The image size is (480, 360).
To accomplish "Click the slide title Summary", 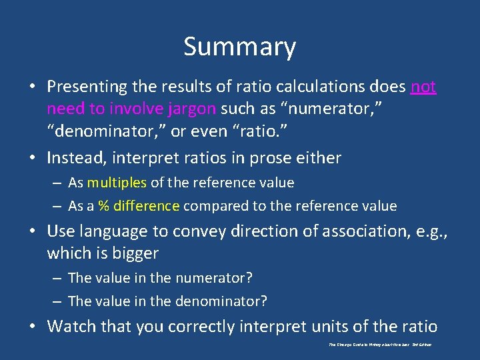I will pos(239,47).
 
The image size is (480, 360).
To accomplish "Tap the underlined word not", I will pos(423,87).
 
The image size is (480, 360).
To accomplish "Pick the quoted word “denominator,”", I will pos(107,131).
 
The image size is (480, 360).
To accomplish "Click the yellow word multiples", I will pos(116,183).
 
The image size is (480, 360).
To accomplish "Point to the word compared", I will pos(213,206).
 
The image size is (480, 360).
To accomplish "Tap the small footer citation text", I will pos(381,345).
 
